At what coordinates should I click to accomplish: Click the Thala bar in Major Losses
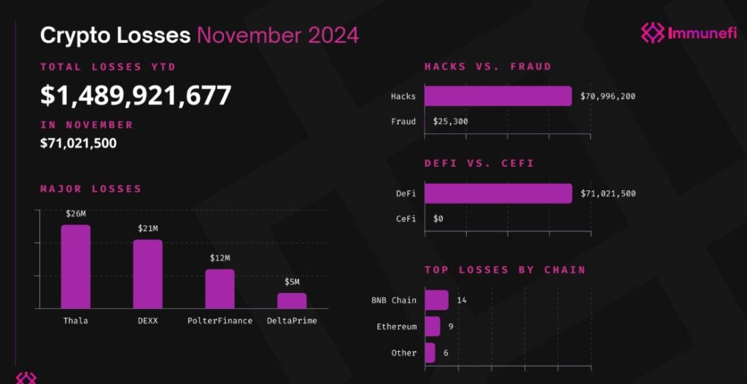coord(76,267)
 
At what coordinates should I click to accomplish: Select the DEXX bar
coord(147,274)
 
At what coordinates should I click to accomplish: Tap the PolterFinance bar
coord(220,289)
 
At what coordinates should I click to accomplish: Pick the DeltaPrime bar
coord(292,301)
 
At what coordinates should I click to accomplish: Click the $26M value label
coord(76,214)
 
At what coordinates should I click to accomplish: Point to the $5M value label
coord(292,282)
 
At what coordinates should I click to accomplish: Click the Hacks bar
coord(498,96)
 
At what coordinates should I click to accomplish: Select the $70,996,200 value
coord(608,96)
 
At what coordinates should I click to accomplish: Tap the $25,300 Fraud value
coord(450,122)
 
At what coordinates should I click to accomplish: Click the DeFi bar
coord(498,193)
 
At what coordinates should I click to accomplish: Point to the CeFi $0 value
coord(438,219)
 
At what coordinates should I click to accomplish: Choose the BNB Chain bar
coord(436,300)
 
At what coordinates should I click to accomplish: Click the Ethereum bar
coord(432,326)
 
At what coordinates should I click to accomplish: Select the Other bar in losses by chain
coord(430,353)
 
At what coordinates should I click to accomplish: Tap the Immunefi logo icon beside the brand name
coord(652,32)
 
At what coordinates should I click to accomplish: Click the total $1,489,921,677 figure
coord(136,95)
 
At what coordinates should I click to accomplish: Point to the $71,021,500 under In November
coord(78,143)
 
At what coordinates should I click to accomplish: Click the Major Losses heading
coord(90,189)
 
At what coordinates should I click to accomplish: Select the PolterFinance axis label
coord(220,321)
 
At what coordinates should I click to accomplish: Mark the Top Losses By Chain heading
coord(505,270)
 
